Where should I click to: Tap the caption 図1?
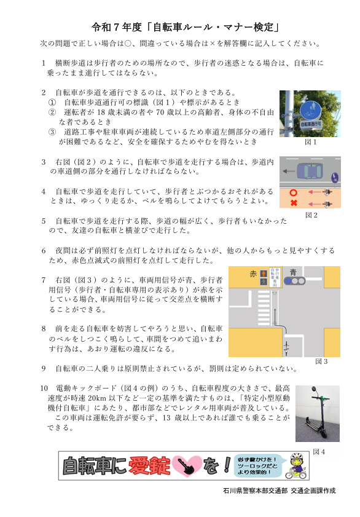pyautogui.click(x=311, y=142)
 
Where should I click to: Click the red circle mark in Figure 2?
pyautogui.click(x=293, y=192)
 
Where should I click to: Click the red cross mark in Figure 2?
pyautogui.click(x=294, y=203)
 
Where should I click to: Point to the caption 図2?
pyautogui.click(x=311, y=215)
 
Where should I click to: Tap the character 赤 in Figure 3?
pyautogui.click(x=253, y=272)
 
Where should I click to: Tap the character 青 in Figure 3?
pyautogui.click(x=293, y=271)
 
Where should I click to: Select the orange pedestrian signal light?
pyautogui.click(x=264, y=273)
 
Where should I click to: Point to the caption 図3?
pyautogui.click(x=321, y=361)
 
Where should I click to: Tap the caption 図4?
pyautogui.click(x=319, y=452)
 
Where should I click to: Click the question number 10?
pyautogui.click(x=44, y=389)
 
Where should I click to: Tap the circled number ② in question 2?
pyautogui.click(x=52, y=112)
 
